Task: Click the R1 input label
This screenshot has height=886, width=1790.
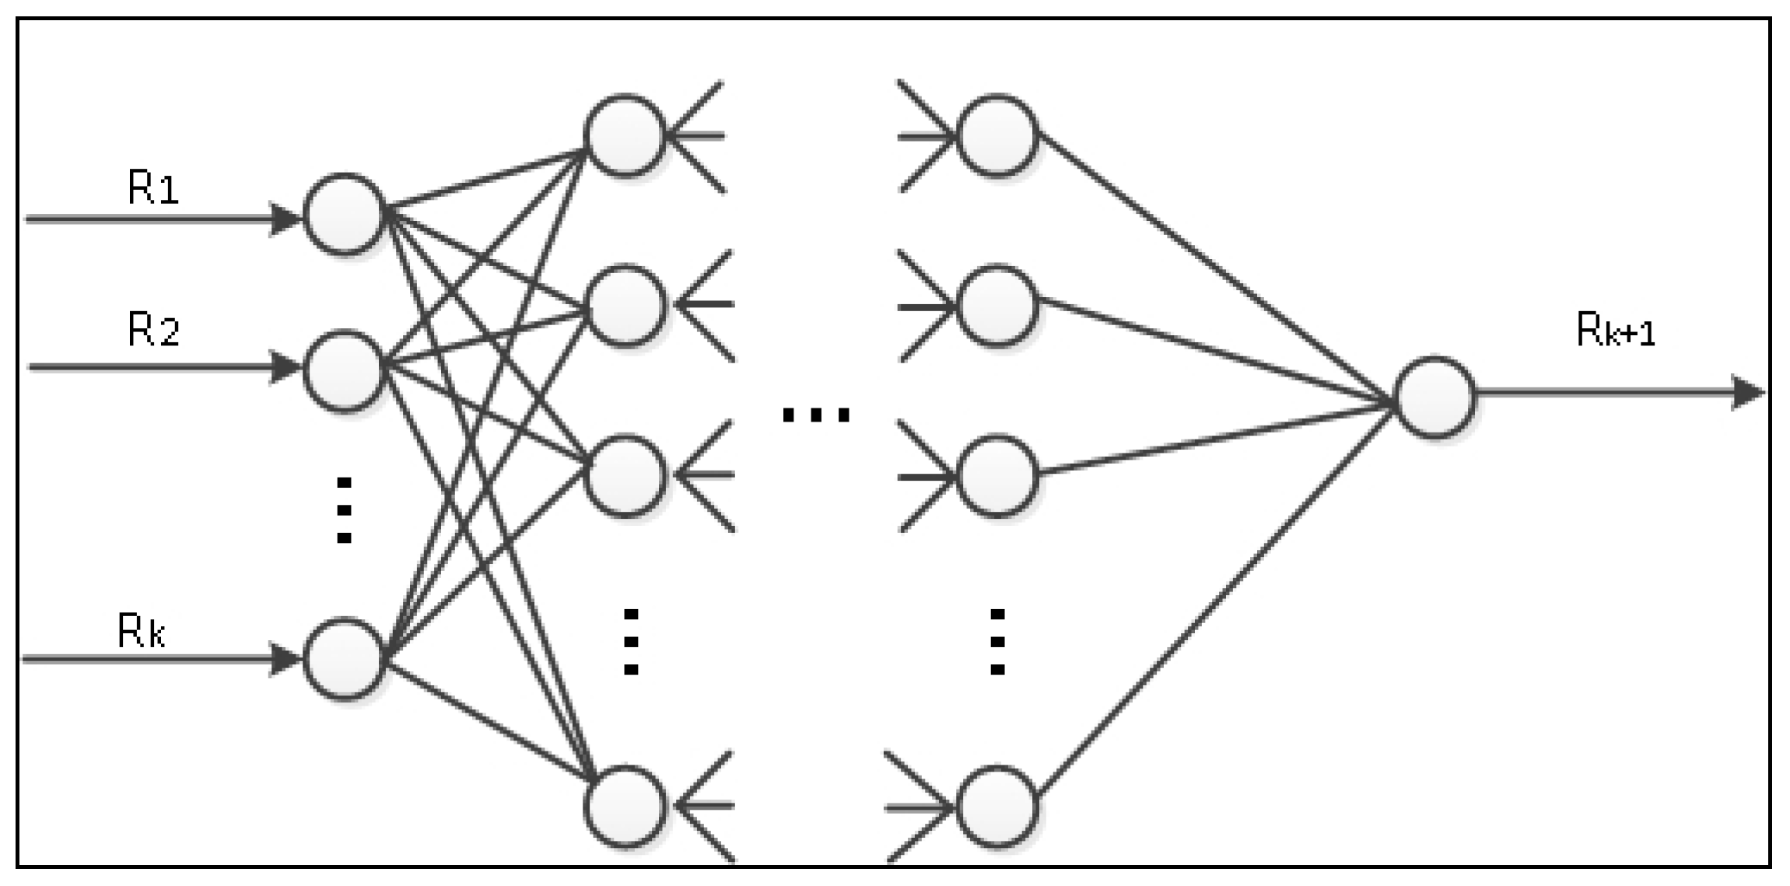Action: pos(153,188)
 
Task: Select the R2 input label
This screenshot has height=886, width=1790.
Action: pos(153,330)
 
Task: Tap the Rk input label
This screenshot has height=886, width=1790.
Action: pos(141,631)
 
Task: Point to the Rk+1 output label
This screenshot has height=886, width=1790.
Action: pos(1615,331)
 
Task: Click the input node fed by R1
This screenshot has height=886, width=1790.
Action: pos(344,214)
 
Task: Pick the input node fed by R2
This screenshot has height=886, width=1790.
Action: pos(344,370)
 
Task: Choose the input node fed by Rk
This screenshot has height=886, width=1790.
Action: pos(344,658)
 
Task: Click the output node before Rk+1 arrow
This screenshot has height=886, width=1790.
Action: pos(1434,397)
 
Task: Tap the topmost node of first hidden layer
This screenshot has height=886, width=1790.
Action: pos(625,135)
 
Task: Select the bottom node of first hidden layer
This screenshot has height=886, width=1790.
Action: pos(625,806)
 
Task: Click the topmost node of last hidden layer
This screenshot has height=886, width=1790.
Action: pos(997,135)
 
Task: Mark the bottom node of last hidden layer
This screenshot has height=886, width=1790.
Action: pos(997,806)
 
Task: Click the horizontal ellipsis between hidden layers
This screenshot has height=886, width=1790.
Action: pos(815,415)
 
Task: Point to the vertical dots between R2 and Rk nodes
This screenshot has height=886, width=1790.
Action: pos(344,510)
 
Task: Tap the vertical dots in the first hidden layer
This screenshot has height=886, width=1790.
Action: pos(631,642)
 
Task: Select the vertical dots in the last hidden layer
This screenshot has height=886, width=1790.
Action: pos(997,642)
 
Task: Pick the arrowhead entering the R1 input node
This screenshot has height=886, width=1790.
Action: pos(285,219)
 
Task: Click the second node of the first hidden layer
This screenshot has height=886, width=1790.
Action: pos(625,305)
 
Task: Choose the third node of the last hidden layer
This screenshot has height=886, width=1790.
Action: pos(997,475)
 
